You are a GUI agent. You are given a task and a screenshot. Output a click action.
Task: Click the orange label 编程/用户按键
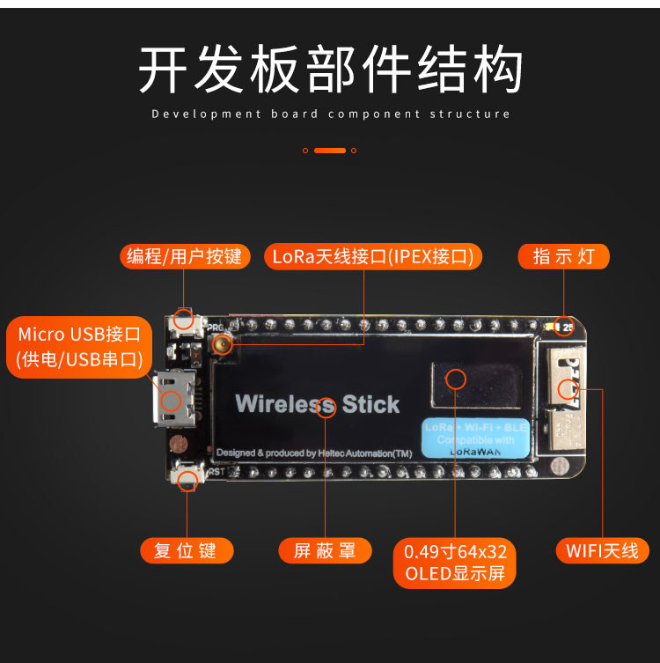(x=184, y=256)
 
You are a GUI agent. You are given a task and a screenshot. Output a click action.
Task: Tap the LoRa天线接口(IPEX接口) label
(x=373, y=256)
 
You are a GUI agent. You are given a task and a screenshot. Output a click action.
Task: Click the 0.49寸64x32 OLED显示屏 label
(x=455, y=563)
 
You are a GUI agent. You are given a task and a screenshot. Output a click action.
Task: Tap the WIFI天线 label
(x=602, y=551)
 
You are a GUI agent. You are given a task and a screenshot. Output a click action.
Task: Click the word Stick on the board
(x=370, y=405)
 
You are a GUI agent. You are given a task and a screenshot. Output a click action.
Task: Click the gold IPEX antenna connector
(x=224, y=343)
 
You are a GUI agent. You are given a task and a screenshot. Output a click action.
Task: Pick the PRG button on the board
(x=184, y=319)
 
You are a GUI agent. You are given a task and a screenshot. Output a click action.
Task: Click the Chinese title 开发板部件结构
(x=330, y=70)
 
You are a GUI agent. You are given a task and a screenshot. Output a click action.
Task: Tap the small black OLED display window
(x=455, y=379)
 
